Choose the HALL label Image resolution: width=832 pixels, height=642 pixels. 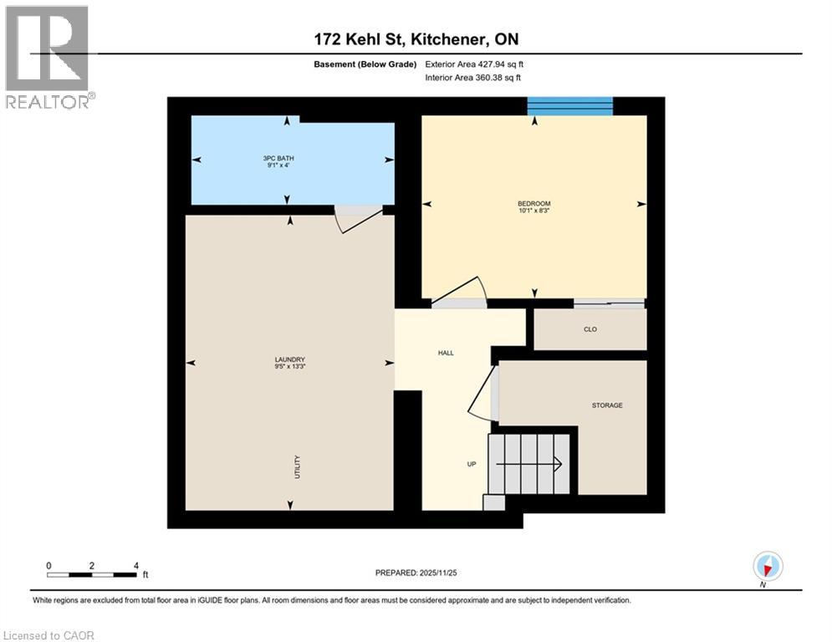pos(446,353)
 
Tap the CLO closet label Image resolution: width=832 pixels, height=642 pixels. pos(590,329)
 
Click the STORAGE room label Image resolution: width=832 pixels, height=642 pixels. pos(606,405)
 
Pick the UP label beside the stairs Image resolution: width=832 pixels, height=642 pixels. pos(472,464)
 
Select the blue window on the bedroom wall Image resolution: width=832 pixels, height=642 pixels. pos(569,106)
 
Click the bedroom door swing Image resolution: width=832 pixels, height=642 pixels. pos(460,293)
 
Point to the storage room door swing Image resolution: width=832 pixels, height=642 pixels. pos(483,393)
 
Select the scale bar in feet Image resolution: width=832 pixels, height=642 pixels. pos(92,573)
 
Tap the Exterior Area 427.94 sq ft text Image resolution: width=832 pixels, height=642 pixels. pos(474,64)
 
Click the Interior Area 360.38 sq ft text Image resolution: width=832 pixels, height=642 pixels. pos(473,79)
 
